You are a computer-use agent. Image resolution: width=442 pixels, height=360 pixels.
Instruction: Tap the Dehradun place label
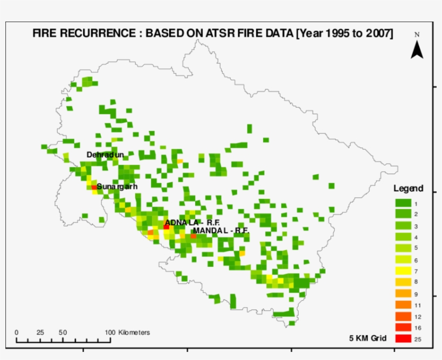(x=105, y=155)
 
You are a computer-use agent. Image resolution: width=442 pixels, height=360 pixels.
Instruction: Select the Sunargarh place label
(x=117, y=186)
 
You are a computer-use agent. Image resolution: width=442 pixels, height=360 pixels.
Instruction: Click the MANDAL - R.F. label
(x=220, y=230)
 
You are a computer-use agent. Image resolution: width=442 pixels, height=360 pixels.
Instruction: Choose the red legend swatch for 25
(x=403, y=339)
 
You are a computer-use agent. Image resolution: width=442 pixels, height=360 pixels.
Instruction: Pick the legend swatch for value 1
(x=403, y=203)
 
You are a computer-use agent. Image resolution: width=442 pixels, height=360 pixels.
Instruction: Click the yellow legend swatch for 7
(x=403, y=271)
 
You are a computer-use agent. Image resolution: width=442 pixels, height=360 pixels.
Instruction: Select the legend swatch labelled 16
(x=403, y=327)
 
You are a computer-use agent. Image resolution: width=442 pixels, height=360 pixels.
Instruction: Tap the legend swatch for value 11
(x=403, y=304)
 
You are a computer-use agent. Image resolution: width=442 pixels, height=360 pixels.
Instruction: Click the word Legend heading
(x=408, y=189)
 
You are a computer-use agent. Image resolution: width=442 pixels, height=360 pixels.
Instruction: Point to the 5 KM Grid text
(x=368, y=338)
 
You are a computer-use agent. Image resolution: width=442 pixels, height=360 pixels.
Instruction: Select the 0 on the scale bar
(x=16, y=332)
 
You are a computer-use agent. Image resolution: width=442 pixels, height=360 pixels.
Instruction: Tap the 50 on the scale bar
(x=63, y=332)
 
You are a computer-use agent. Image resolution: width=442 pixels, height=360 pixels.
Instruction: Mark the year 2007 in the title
(x=376, y=33)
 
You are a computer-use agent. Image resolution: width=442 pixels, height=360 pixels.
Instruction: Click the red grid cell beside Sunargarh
(x=94, y=187)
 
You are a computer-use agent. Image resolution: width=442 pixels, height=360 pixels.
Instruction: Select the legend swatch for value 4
(x=403, y=237)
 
